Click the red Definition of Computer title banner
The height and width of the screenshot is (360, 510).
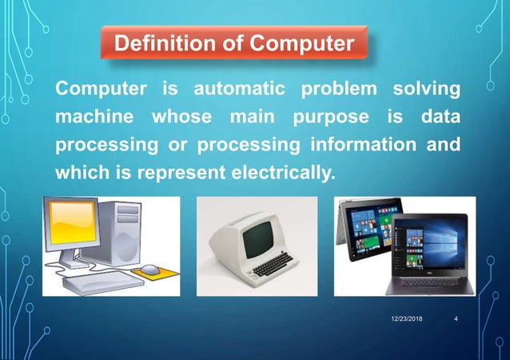click(234, 42)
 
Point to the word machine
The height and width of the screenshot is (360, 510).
click(89, 117)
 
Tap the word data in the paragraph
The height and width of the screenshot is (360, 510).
click(440, 117)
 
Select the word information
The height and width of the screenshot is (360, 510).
click(358, 146)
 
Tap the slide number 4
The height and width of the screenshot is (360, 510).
click(455, 320)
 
